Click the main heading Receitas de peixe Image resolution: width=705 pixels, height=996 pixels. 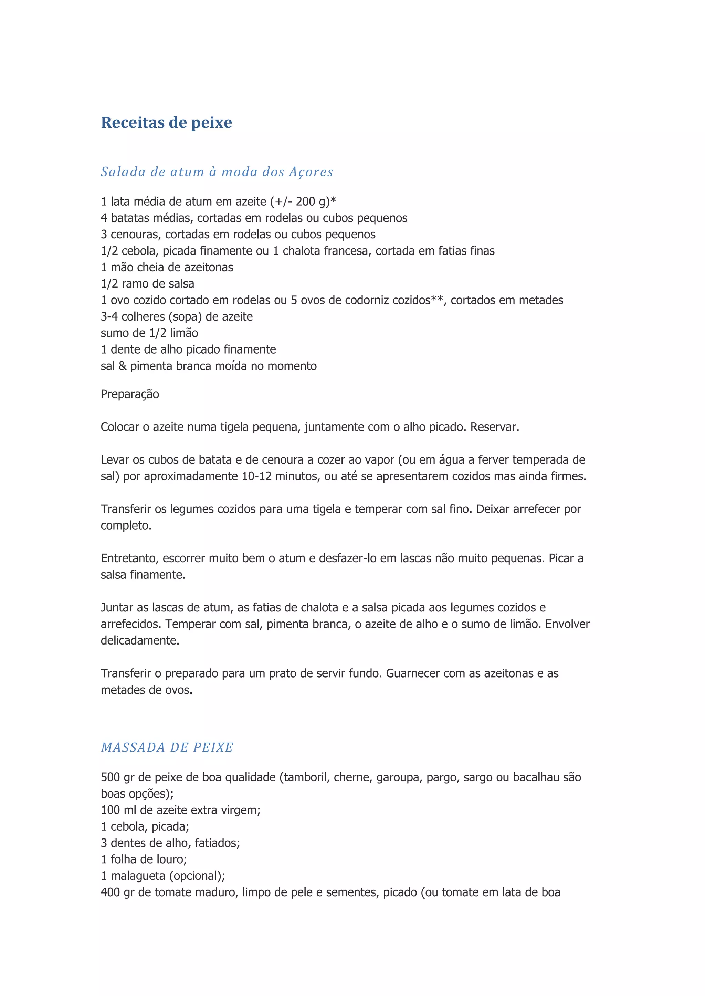click(x=166, y=122)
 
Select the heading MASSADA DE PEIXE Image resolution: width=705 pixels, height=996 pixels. click(x=167, y=747)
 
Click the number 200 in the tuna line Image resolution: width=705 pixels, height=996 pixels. click(x=305, y=202)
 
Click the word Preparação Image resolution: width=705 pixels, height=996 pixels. click(x=130, y=394)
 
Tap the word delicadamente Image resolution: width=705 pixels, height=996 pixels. click(x=140, y=641)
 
